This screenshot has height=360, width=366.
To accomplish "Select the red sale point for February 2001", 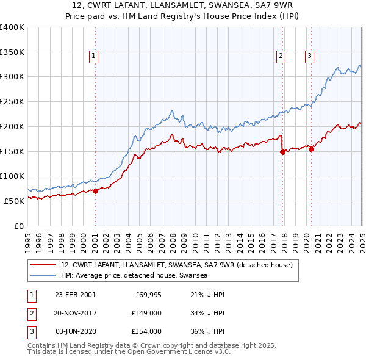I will point(95,191).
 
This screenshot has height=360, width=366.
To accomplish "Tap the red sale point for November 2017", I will point(282,153).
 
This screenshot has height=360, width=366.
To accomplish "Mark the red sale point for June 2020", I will point(311,148).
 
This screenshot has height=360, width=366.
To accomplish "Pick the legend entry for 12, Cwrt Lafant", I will point(178,265).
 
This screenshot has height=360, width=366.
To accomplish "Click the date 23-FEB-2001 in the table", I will point(75,295).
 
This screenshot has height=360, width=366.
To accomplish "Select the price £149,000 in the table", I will point(146,313).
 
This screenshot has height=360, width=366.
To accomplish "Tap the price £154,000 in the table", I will point(146,331).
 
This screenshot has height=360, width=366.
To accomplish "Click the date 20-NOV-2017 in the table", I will point(75,313).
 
